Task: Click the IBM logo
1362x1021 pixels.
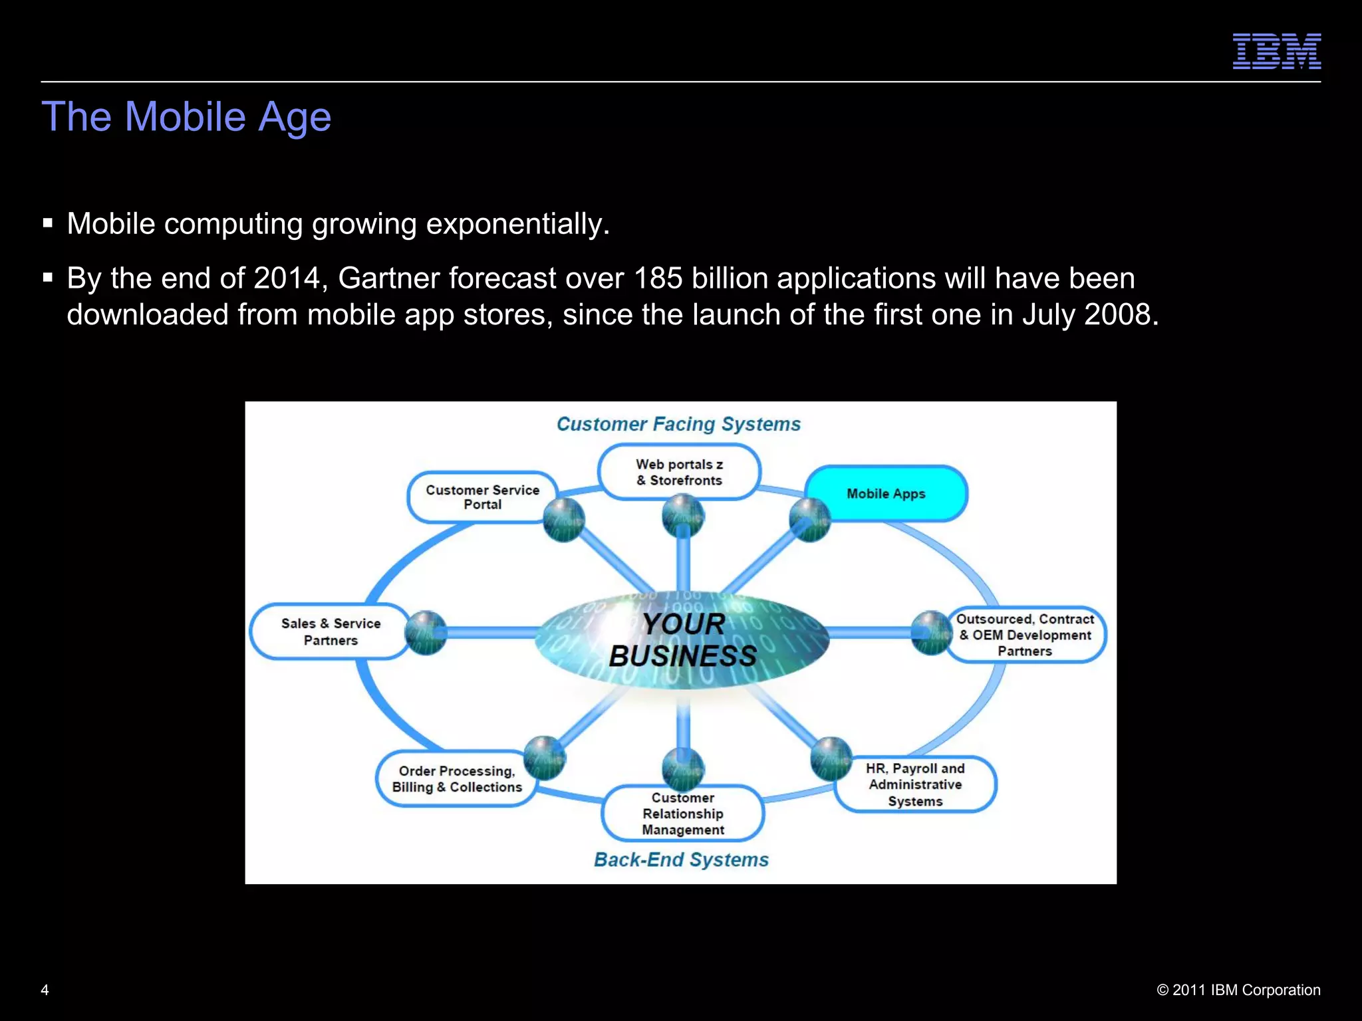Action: click(x=1276, y=51)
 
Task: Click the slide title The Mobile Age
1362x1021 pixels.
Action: click(x=186, y=117)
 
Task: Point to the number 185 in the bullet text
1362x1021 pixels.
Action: click(x=658, y=279)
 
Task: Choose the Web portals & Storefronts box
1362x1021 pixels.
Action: click(x=679, y=472)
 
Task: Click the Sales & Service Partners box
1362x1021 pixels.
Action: click(x=330, y=631)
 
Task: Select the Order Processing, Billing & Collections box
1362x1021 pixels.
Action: click(x=456, y=779)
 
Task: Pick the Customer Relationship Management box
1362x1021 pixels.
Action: click(x=682, y=814)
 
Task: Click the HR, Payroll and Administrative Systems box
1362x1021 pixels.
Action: click(x=915, y=784)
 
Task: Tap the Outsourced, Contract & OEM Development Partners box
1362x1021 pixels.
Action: click(x=1025, y=635)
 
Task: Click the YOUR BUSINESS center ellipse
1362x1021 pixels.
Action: click(x=682, y=639)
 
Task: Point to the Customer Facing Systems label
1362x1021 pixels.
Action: click(x=678, y=424)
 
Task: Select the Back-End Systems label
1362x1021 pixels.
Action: click(x=681, y=859)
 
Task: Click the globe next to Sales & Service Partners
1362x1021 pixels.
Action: click(x=426, y=632)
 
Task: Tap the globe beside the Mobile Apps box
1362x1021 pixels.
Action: click(x=809, y=519)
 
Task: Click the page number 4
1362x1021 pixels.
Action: click(x=45, y=990)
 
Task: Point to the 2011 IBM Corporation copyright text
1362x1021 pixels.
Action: click(x=1238, y=990)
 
